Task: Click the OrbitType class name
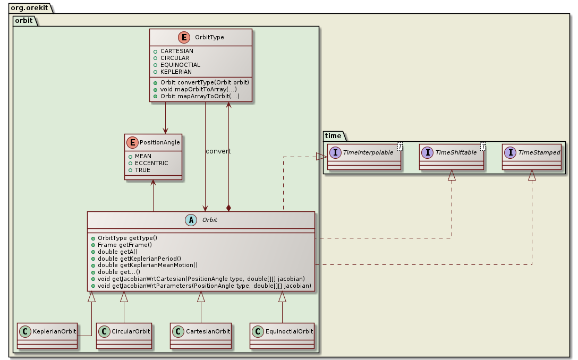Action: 210,37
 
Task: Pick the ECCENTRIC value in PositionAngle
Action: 151,163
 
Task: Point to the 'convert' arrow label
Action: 218,151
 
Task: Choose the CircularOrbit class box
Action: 124,336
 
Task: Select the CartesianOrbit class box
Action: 201,336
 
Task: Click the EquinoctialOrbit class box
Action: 282,336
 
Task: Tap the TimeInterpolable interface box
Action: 364,157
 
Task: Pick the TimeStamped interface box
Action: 532,157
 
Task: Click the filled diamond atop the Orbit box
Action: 228,207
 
